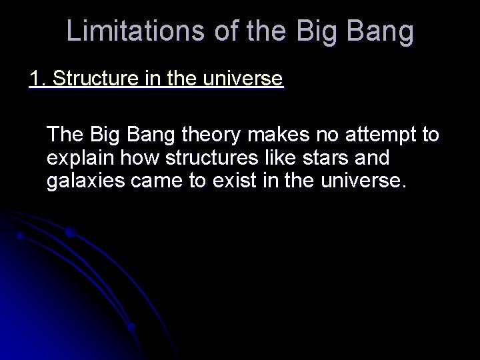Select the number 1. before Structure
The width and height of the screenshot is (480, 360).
(37, 79)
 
